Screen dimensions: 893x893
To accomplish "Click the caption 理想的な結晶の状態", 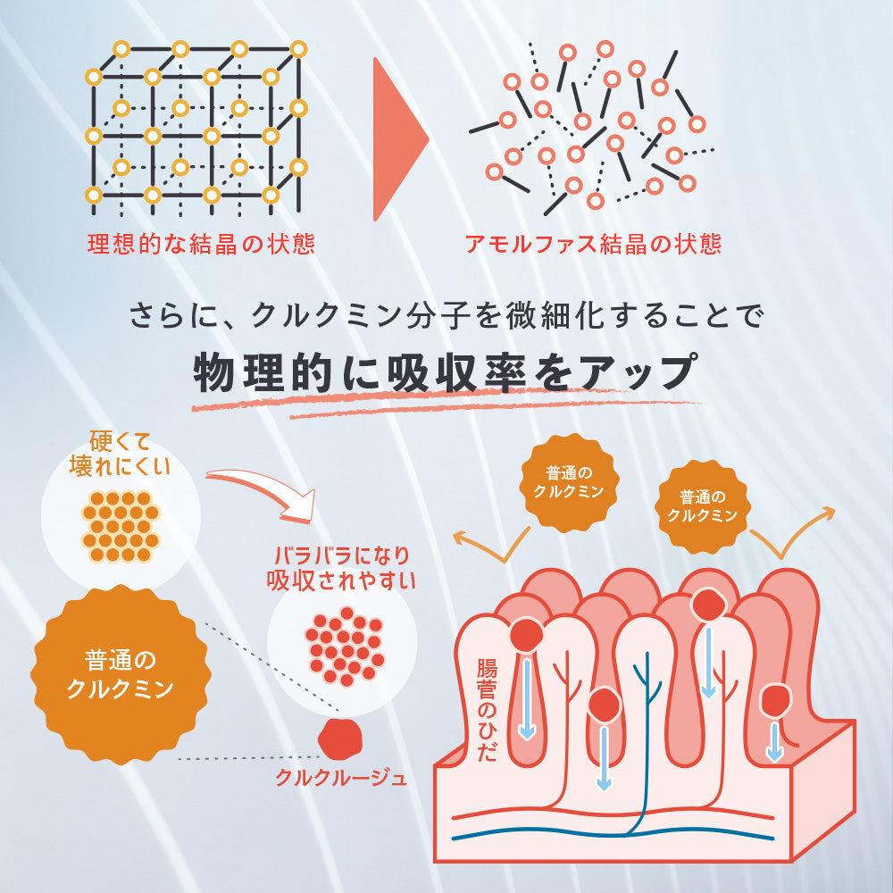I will point(201,244).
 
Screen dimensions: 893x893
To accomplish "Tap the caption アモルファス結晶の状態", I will point(593,244).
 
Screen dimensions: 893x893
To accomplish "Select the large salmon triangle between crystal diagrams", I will point(397,138).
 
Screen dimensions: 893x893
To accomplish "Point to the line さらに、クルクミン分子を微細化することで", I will point(446,314).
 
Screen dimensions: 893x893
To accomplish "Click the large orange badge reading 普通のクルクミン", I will point(121,674).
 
